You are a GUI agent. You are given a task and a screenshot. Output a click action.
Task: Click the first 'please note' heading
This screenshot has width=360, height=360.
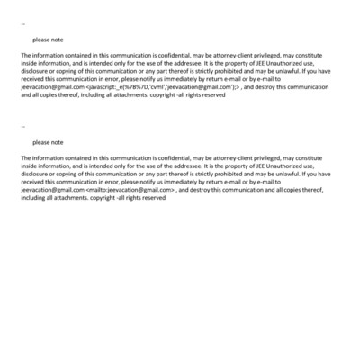click(48, 40)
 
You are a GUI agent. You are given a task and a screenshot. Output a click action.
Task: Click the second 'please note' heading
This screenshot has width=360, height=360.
click(48, 142)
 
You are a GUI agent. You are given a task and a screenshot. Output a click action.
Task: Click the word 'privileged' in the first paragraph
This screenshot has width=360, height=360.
click(273, 56)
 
